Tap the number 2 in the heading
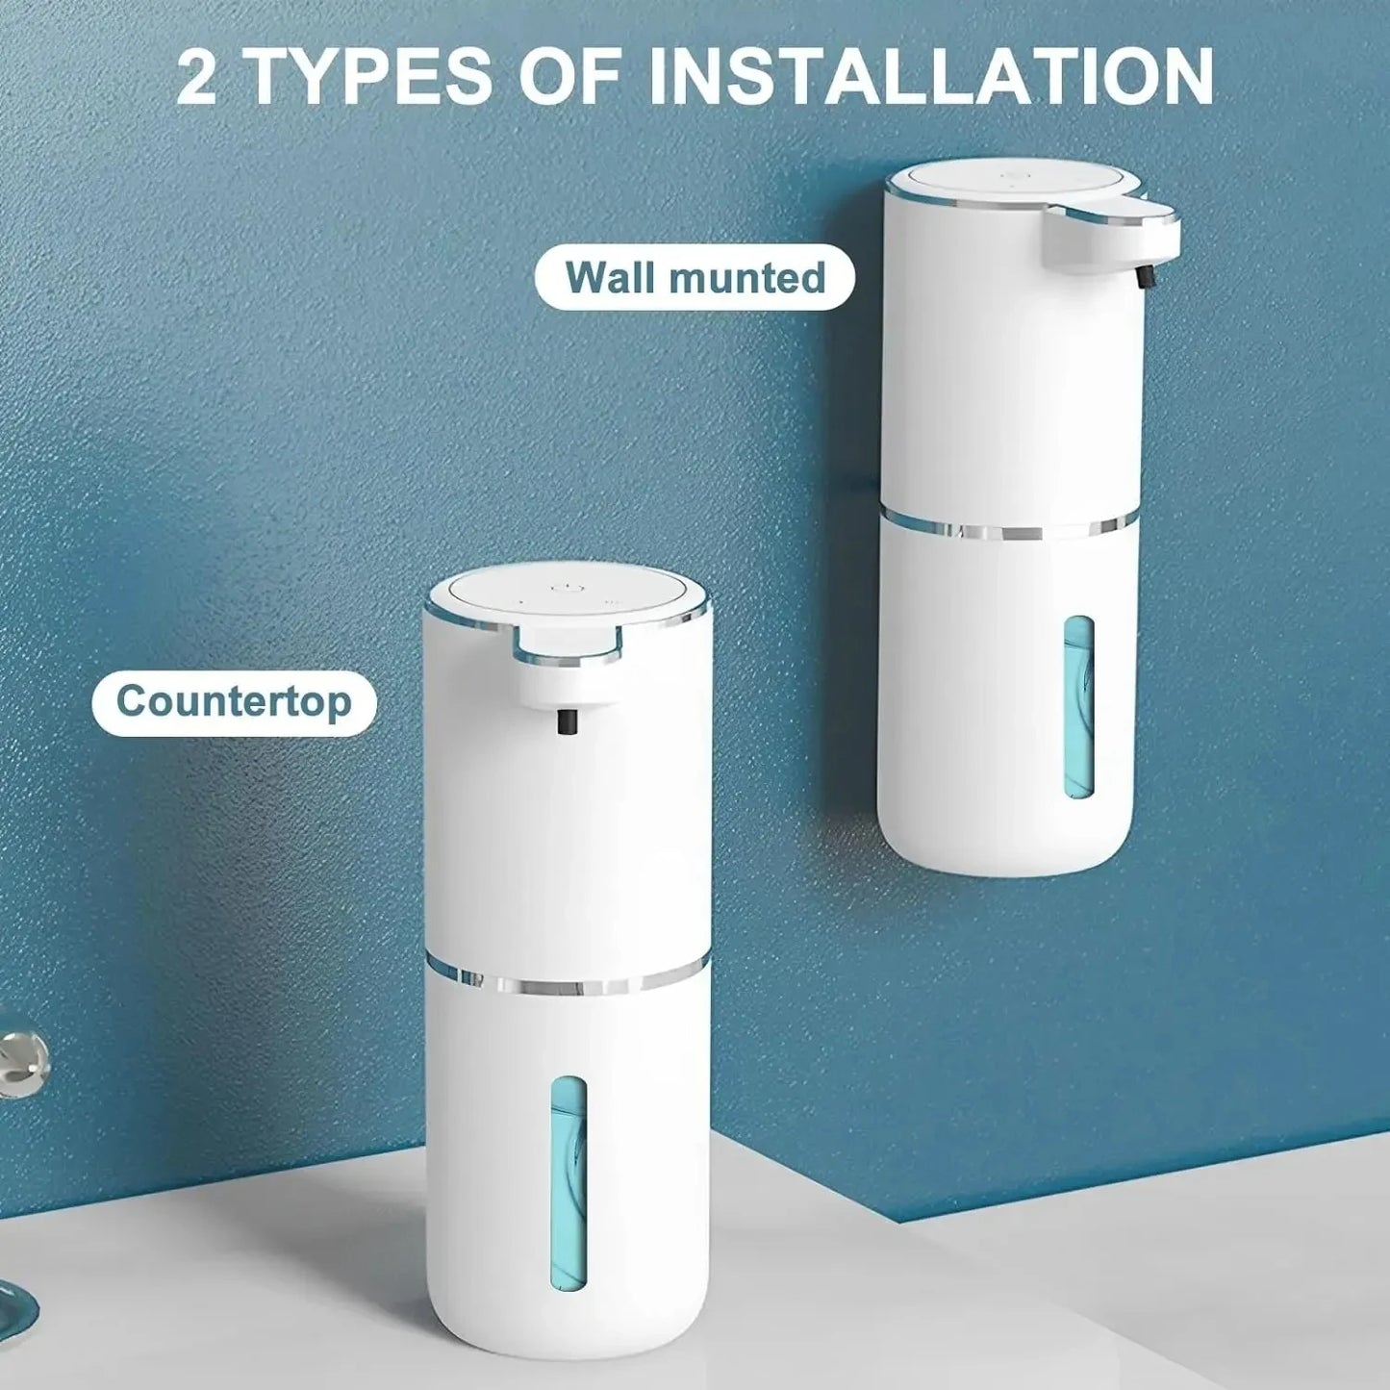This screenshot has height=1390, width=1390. (x=197, y=77)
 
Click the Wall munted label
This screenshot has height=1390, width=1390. (x=695, y=277)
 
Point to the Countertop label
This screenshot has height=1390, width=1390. (x=234, y=702)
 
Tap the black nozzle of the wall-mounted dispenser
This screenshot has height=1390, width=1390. (x=1144, y=276)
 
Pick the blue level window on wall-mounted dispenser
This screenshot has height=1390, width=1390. (x=1078, y=708)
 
